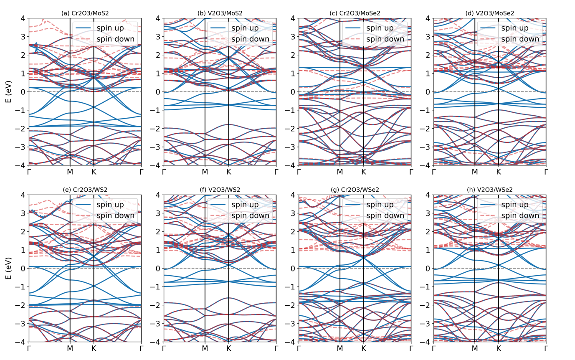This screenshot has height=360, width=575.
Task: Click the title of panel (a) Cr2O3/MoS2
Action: pyautogui.click(x=85, y=13)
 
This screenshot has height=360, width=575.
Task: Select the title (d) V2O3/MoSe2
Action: pyautogui.click(x=490, y=13)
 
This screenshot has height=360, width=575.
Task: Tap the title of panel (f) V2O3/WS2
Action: pyautogui.click(x=220, y=190)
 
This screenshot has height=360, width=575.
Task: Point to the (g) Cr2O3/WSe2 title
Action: pyautogui.click(x=355, y=190)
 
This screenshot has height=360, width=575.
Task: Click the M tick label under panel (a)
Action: pyautogui.click(x=70, y=171)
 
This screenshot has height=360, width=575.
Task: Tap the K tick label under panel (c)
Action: pyautogui.click(x=364, y=171)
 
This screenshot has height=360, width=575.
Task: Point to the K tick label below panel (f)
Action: pyautogui.click(x=229, y=348)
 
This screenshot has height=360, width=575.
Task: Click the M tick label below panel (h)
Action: pyautogui.click(x=475, y=348)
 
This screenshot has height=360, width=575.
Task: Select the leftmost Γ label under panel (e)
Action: pyautogui.click(x=29, y=348)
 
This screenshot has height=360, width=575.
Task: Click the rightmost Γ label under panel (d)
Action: pyautogui.click(x=546, y=171)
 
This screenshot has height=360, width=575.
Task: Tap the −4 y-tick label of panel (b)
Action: pyautogui.click(x=155, y=165)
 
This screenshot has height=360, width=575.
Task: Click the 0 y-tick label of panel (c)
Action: pyautogui.click(x=294, y=92)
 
